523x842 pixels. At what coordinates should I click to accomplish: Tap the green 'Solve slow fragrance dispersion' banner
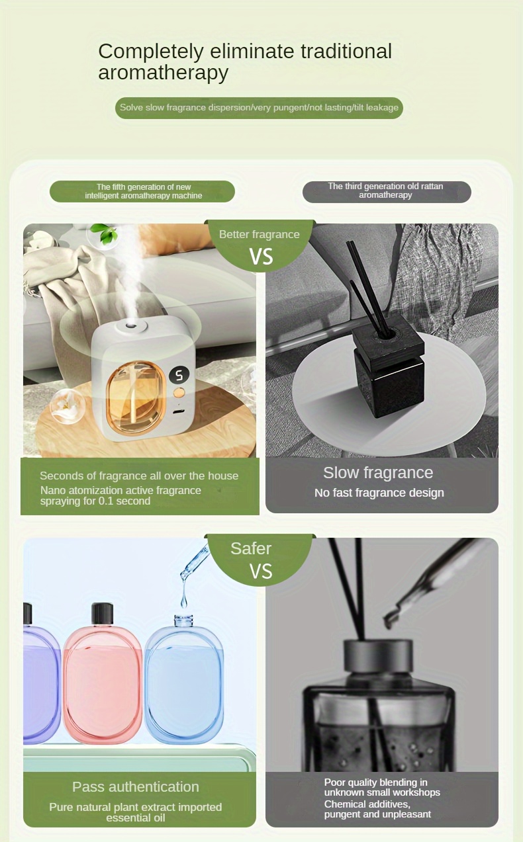(259, 107)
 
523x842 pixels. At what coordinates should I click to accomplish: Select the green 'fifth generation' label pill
(142, 191)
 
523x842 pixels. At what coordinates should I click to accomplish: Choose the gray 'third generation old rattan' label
(386, 191)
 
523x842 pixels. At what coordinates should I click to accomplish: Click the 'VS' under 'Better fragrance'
(261, 257)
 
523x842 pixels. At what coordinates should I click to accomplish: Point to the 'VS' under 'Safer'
(261, 571)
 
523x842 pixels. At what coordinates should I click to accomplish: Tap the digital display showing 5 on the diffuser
(179, 375)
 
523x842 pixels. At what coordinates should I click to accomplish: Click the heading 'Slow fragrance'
(378, 472)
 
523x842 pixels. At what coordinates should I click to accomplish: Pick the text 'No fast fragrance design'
(379, 493)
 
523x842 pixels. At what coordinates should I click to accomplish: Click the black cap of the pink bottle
(102, 613)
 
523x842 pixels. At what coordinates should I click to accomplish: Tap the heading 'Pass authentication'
(136, 786)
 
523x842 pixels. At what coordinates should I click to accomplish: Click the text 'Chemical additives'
(367, 804)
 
